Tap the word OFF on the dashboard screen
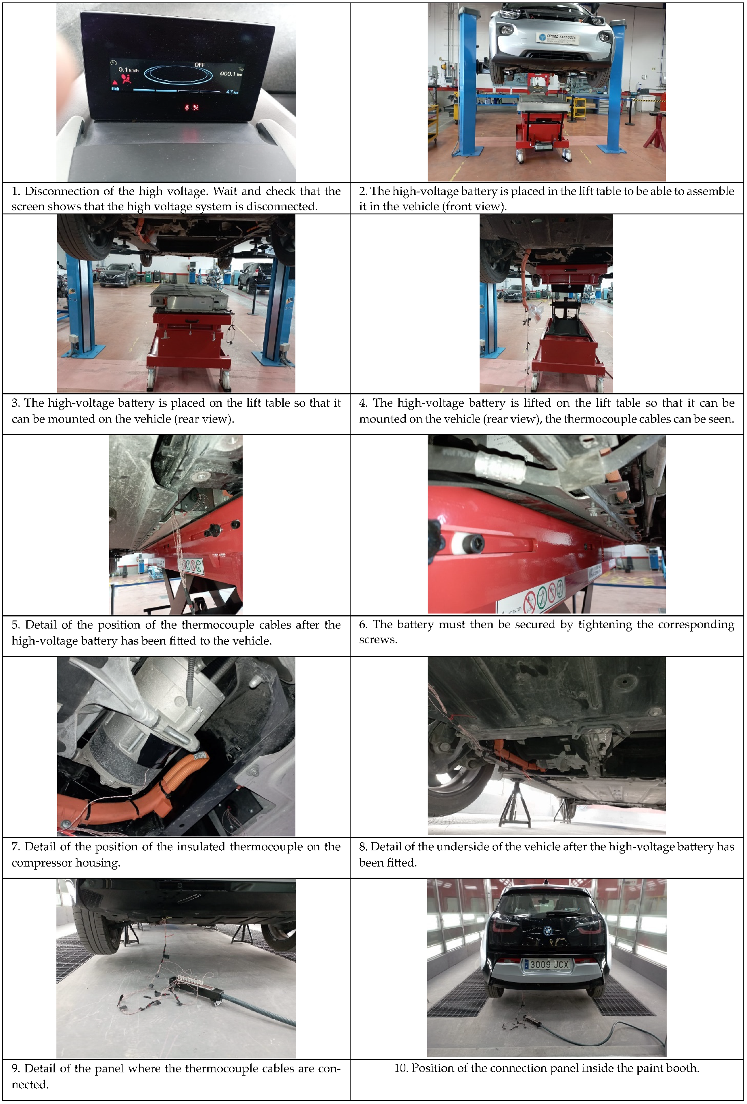pos(200,65)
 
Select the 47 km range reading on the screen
pos(232,92)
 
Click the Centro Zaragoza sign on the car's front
pos(558,38)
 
